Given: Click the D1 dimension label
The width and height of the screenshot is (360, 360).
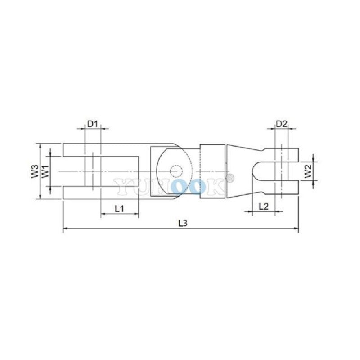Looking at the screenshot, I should pyautogui.click(x=92, y=123).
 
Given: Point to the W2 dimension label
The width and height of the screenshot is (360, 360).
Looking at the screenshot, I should pyautogui.click(x=308, y=171).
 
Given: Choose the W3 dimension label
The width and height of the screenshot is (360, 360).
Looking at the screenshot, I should pyautogui.click(x=35, y=171).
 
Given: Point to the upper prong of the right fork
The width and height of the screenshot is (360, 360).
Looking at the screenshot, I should pyautogui.click(x=283, y=154).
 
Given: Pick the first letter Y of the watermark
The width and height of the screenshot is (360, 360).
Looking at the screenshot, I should pyautogui.click(x=121, y=186).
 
